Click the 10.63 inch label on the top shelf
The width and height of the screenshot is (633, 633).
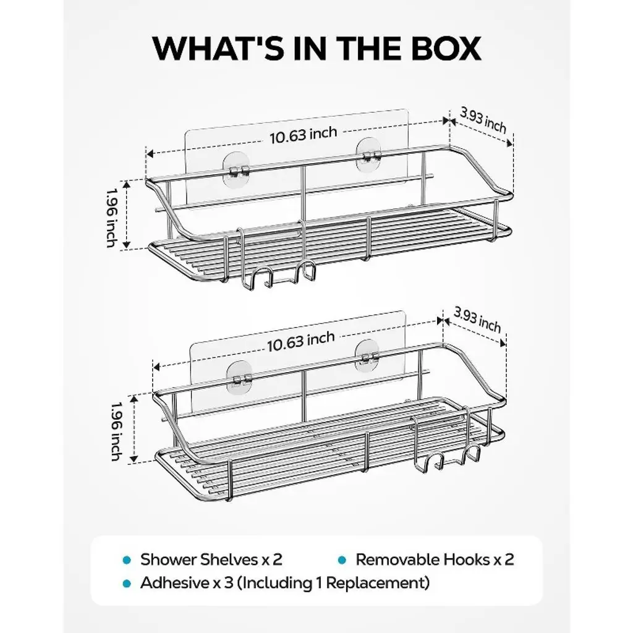(x=303, y=135)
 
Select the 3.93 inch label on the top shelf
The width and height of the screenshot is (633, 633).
(x=483, y=121)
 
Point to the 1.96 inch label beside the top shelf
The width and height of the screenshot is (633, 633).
(x=111, y=218)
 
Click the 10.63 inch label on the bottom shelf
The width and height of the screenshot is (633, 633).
(x=301, y=341)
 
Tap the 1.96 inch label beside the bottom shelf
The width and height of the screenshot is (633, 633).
(x=116, y=431)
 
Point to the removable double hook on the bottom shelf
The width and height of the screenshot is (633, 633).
(x=446, y=444)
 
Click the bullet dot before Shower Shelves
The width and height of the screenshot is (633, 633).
(x=127, y=560)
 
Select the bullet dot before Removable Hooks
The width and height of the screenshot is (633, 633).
(x=342, y=560)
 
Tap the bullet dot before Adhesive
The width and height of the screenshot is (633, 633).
(x=127, y=584)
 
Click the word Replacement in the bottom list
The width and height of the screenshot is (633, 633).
(x=377, y=584)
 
